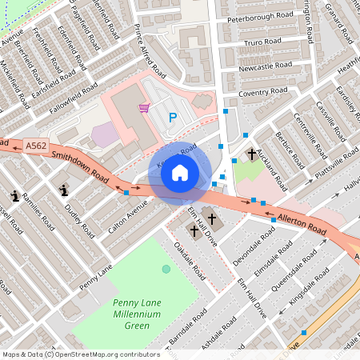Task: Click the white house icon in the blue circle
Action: pyautogui.click(x=180, y=173)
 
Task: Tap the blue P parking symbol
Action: pyautogui.click(x=172, y=118)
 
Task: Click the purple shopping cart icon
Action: pyautogui.click(x=144, y=108)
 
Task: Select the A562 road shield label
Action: pyautogui.click(x=36, y=146)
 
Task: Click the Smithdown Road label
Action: pyautogui.click(x=78, y=162)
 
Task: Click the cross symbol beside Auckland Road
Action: pyautogui.click(x=251, y=153)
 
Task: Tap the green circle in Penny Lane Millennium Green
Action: pyautogui.click(x=166, y=269)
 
